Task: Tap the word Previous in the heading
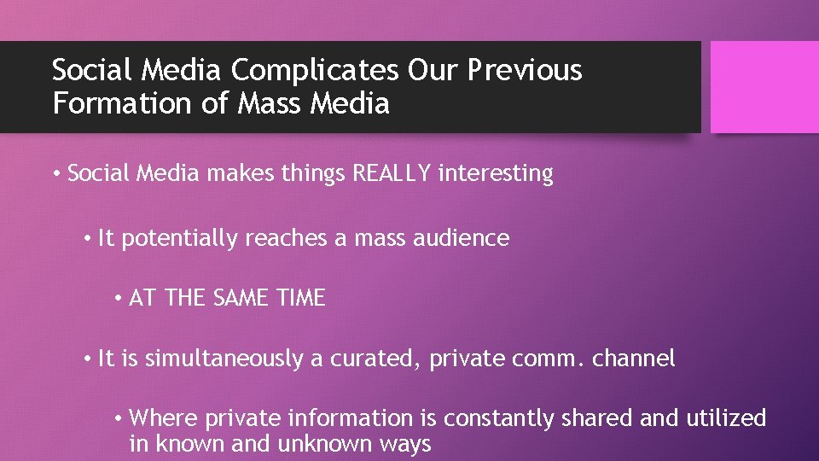coord(525,70)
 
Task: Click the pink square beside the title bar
coord(764,87)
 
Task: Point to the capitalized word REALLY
coord(392,173)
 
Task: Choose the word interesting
coord(496,173)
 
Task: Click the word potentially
coord(180,238)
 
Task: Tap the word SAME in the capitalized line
coord(238,298)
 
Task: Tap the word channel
coord(632,359)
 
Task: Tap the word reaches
coord(286,238)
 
